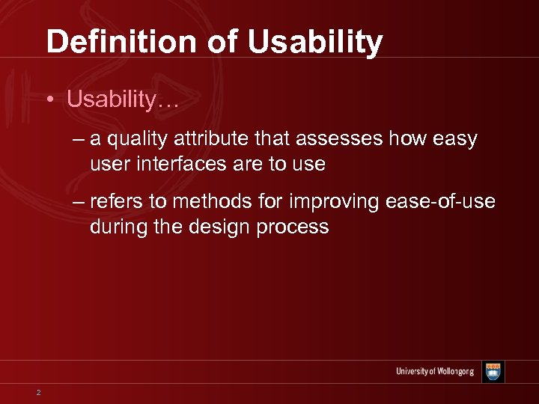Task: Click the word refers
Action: tap(116, 203)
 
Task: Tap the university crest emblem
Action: tap(493, 372)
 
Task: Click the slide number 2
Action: tap(38, 392)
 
